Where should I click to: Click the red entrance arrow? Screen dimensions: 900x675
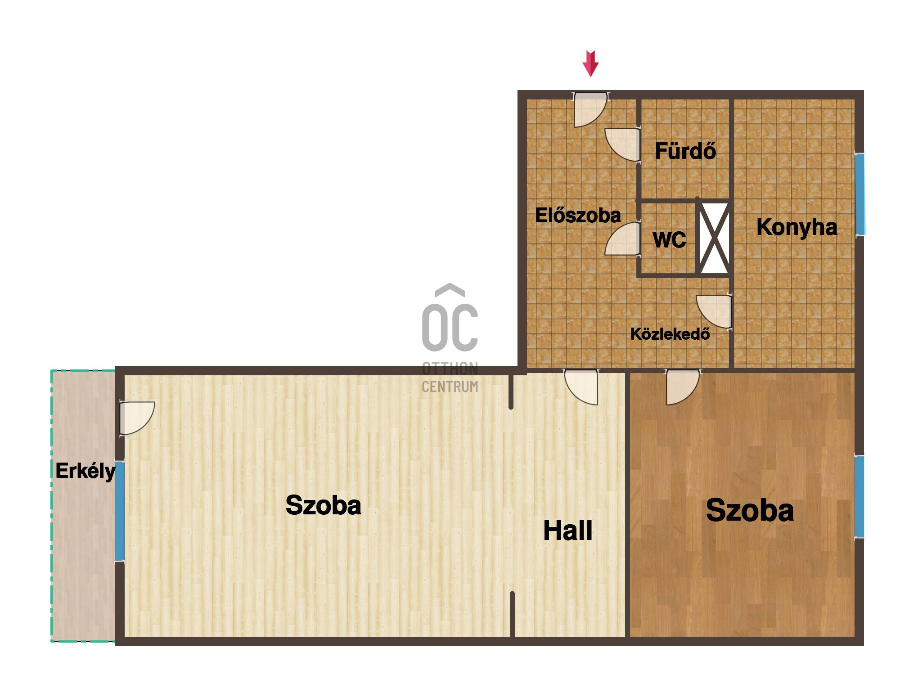point(590,63)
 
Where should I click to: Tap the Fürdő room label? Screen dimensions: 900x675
point(685,151)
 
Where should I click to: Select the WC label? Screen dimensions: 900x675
point(670,239)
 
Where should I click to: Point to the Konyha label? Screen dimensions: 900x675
point(797,227)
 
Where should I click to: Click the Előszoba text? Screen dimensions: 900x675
point(578,215)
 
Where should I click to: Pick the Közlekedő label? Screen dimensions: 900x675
point(670,333)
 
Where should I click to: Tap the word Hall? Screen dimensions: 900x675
point(568,530)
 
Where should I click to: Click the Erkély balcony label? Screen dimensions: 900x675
point(85,472)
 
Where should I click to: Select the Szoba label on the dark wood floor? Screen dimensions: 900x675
point(750,510)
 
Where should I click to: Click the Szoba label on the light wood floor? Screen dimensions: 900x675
point(323,505)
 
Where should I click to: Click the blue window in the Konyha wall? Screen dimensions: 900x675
point(859,194)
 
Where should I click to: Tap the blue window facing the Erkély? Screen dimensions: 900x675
point(120,511)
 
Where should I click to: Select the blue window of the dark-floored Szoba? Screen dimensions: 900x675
point(859,496)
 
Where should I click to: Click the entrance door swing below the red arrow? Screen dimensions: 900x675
point(590,110)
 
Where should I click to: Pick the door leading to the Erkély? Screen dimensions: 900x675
point(137,418)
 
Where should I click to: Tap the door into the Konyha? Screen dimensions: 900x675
point(714,311)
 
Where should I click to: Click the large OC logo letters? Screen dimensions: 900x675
point(450,318)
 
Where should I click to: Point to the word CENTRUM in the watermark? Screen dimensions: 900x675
point(450,387)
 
